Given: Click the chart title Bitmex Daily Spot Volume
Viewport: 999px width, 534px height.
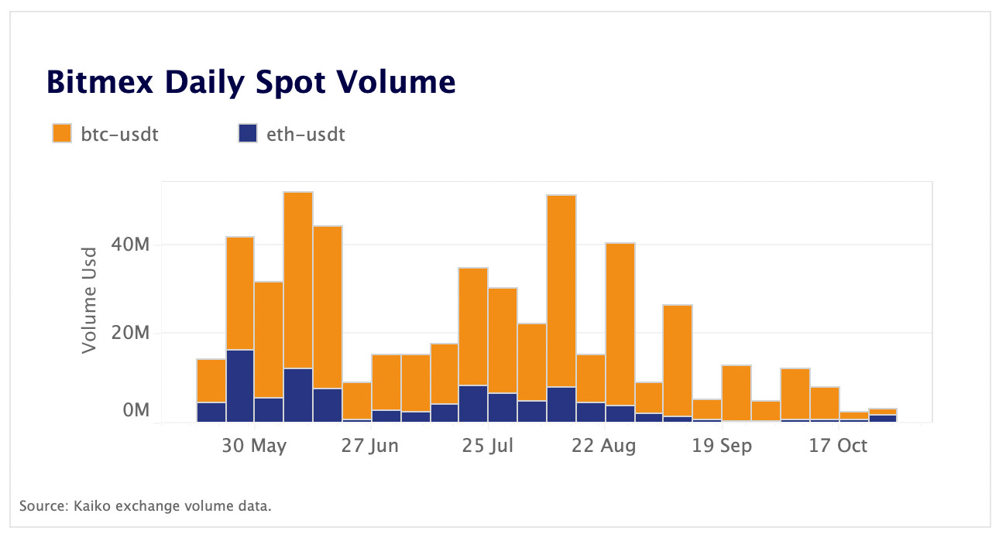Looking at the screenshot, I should (x=251, y=81).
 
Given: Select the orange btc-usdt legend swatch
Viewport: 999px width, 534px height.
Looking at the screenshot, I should (x=62, y=133).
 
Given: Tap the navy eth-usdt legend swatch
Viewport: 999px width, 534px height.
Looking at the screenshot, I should (x=247, y=133).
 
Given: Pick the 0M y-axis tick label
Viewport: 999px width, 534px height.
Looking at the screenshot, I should (x=135, y=410).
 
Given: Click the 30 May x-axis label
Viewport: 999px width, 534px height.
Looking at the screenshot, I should (x=254, y=447).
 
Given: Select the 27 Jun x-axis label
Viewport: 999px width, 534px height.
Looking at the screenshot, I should (x=370, y=447).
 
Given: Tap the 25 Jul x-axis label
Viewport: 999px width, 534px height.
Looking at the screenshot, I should (x=489, y=447).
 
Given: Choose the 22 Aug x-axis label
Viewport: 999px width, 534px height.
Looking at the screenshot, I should (x=605, y=447).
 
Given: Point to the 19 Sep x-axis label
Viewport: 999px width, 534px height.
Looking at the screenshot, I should (x=722, y=447).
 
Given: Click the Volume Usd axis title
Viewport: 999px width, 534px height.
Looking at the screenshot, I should (x=90, y=300).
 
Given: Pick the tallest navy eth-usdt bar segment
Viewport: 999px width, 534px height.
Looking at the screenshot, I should (x=240, y=386).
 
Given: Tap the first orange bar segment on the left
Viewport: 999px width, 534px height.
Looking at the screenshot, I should (x=211, y=381).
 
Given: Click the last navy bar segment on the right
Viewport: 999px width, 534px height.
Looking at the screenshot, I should (x=883, y=419).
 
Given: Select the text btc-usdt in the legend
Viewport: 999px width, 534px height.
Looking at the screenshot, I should (x=120, y=134).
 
